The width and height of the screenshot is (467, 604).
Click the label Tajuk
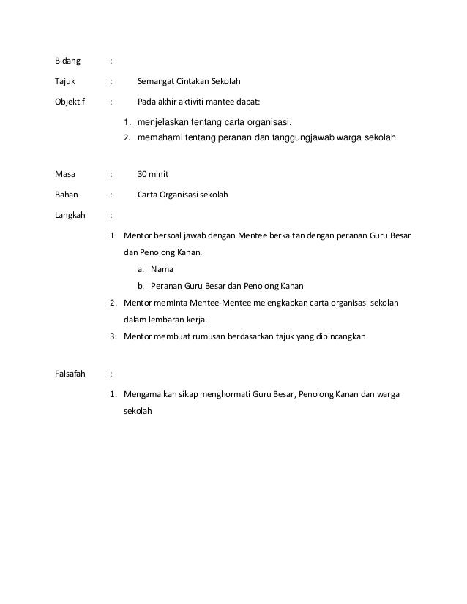pyautogui.click(x=66, y=80)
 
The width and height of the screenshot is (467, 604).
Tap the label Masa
pyautogui.click(x=66, y=175)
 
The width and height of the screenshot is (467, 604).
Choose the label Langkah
pyautogui.click(x=70, y=216)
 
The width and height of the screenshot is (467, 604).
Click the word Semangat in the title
pyautogui.click(x=158, y=80)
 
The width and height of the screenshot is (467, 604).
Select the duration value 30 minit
pyautogui.click(x=154, y=175)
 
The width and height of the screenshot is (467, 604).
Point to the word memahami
pyautogui.click(x=162, y=137)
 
